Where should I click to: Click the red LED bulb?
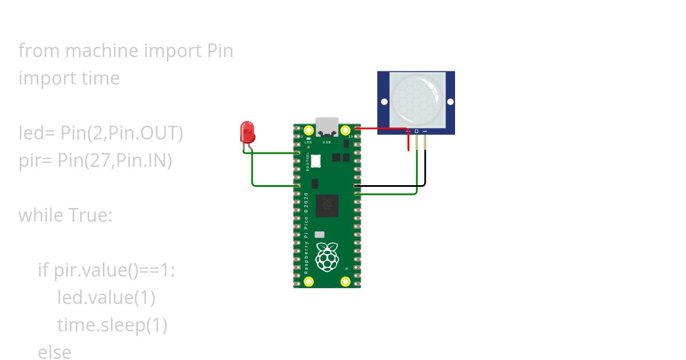[247, 132]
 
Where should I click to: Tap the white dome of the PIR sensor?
[417, 98]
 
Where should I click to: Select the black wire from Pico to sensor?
[394, 186]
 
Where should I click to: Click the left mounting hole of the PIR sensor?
[384, 102]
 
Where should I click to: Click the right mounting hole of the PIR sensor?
[450, 102]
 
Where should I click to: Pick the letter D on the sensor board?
[417, 131]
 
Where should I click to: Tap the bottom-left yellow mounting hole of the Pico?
[303, 281]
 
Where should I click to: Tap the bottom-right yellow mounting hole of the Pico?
[345, 281]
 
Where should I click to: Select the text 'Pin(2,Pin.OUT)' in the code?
[122, 133]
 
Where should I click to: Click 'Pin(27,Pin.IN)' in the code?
[115, 161]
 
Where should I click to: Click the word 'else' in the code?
[55, 352]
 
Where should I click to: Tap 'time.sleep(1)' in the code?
[112, 325]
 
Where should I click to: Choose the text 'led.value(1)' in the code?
[106, 298]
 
